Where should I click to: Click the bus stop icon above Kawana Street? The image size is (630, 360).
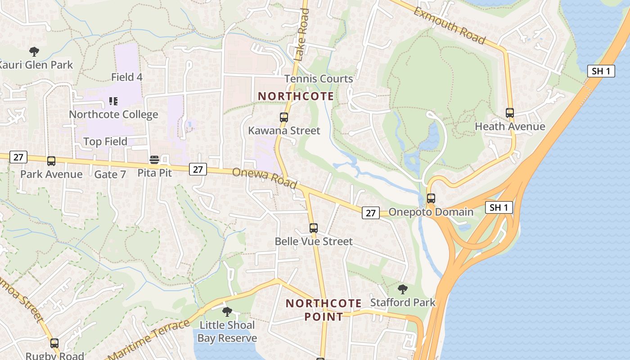(284, 117)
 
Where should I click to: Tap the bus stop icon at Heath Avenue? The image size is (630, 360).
(510, 113)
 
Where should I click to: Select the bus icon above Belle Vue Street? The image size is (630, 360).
(314, 228)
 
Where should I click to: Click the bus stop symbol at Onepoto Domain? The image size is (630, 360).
(431, 198)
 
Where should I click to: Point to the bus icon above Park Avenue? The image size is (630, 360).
(51, 161)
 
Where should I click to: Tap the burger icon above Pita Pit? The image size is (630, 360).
(154, 160)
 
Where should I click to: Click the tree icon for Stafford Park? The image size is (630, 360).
(403, 289)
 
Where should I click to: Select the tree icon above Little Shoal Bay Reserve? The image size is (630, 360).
(227, 311)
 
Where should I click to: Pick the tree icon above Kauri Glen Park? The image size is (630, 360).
(34, 51)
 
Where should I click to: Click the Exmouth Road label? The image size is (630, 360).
(450, 26)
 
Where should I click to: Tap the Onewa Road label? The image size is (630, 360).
(265, 178)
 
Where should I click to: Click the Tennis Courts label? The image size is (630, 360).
(319, 79)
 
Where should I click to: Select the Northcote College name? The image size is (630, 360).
(113, 114)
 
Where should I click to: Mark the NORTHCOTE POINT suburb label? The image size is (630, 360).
(323, 310)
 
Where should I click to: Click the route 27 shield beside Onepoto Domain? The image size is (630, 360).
(371, 213)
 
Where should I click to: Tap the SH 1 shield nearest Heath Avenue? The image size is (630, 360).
(601, 71)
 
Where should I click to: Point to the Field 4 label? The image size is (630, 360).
(127, 77)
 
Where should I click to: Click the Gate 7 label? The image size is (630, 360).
(110, 174)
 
